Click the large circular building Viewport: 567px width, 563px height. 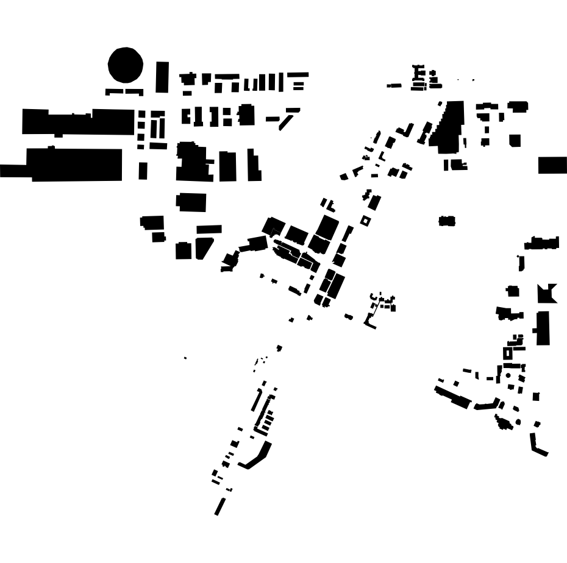(x=126, y=65)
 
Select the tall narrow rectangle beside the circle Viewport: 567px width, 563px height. (x=162, y=77)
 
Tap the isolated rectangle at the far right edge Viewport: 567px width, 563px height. (x=552, y=165)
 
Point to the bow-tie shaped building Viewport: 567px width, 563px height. (x=546, y=294)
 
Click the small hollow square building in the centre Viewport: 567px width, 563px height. (x=365, y=221)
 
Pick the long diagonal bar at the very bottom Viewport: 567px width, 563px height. (x=220, y=506)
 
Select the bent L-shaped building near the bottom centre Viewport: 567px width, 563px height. (x=257, y=456)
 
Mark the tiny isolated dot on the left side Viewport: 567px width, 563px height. (x=185, y=358)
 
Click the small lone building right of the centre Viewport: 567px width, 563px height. (x=447, y=221)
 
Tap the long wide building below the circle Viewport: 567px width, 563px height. (x=78, y=121)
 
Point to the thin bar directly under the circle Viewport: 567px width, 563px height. (x=124, y=92)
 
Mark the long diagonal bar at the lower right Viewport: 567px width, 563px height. (x=452, y=396)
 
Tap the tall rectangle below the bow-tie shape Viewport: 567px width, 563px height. (x=543, y=328)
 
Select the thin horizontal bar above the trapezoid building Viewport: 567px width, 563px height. (x=209, y=229)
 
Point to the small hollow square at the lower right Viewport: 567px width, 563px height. (x=508, y=353)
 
